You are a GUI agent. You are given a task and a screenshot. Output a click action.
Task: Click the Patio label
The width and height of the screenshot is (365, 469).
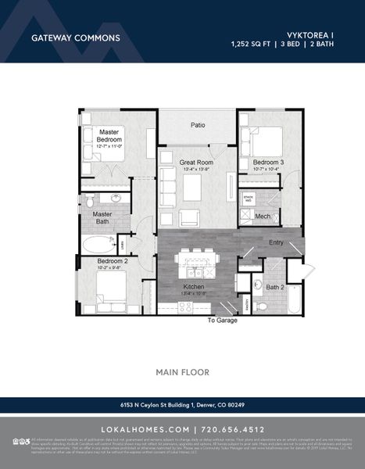point(198,124)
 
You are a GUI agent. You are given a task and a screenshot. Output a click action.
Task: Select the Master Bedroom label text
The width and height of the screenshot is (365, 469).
point(107,135)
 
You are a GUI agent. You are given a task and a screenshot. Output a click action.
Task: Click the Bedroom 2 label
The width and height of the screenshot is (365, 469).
point(113,261)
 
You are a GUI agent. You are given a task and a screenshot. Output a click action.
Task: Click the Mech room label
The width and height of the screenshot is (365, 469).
point(263,216)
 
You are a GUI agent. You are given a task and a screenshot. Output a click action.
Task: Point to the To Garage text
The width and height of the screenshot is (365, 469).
point(222,320)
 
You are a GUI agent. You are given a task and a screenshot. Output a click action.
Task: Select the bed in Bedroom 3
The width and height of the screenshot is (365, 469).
point(266,140)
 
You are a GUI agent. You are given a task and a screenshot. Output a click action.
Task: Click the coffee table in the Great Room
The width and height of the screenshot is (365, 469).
point(192,188)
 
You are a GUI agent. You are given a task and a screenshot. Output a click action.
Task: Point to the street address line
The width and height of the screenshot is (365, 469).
point(182,405)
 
